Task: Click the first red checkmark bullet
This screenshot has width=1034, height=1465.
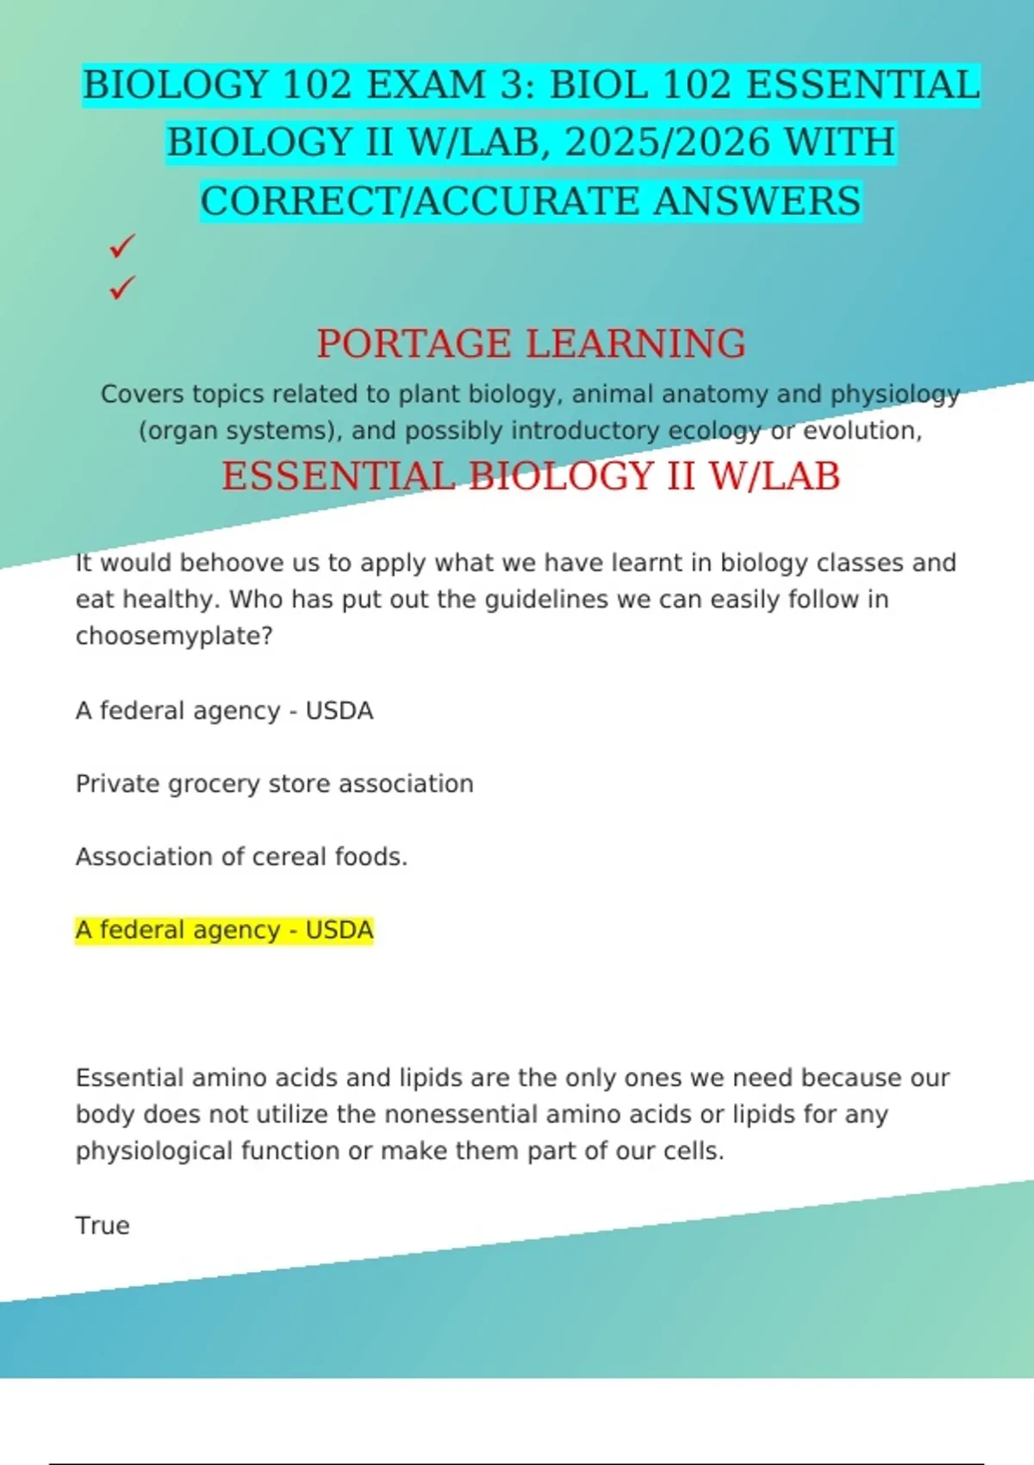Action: [x=121, y=246]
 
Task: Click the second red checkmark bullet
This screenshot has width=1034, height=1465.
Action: [x=121, y=287]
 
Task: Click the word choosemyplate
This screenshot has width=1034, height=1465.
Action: [x=172, y=636]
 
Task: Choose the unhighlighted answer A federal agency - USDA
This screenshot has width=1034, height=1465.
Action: [x=224, y=711]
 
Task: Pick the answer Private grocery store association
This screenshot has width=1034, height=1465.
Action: [x=274, y=784]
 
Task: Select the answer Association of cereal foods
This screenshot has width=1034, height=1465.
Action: [x=241, y=857]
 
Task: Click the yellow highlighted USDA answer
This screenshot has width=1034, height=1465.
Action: [x=224, y=931]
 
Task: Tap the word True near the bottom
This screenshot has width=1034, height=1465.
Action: [x=103, y=1225]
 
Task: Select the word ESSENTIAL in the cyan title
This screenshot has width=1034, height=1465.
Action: [x=863, y=85]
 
